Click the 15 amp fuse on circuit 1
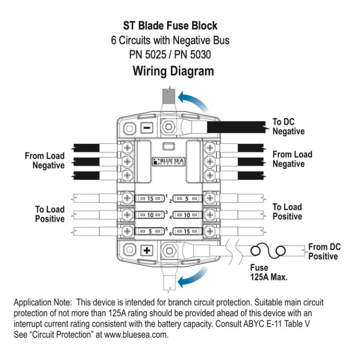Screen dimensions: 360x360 149,198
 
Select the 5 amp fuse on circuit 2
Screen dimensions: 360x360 186,198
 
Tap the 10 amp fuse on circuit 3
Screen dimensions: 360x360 149,215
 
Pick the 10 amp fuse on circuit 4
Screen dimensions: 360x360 186,215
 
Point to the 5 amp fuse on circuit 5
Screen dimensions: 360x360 149,231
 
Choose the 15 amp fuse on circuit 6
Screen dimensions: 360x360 186,231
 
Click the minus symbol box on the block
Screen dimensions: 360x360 146,127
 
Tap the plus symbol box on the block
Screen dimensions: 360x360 146,249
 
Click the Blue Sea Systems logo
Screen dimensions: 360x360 167,161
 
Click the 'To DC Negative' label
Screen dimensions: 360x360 288,126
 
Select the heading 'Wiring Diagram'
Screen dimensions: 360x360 173,71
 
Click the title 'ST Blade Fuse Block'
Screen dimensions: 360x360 170,25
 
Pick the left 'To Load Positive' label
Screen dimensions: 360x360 50,214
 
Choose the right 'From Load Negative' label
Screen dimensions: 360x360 292,159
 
